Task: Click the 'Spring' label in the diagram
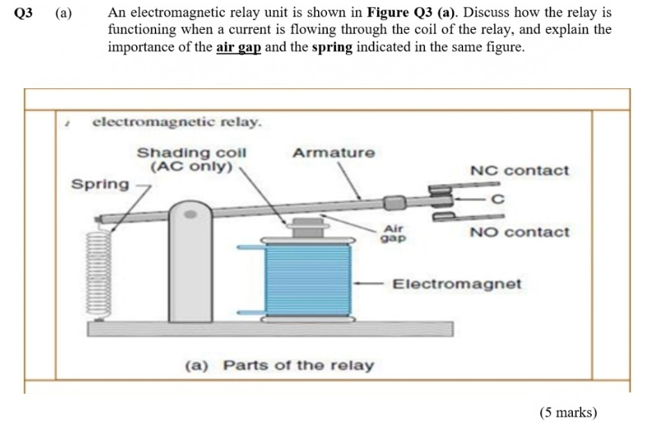(101, 184)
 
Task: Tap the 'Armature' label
(333, 153)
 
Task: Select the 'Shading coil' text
(191, 153)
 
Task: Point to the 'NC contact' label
(519, 171)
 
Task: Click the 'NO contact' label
(519, 232)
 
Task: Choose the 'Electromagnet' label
(456, 284)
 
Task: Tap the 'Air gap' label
(393, 233)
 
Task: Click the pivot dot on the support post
(190, 216)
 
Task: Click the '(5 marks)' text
(567, 413)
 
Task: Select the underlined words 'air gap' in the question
(238, 48)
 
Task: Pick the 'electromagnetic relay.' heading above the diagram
(177, 122)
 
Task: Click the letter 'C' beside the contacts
(496, 200)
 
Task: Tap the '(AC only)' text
(191, 167)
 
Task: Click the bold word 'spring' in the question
(332, 48)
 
